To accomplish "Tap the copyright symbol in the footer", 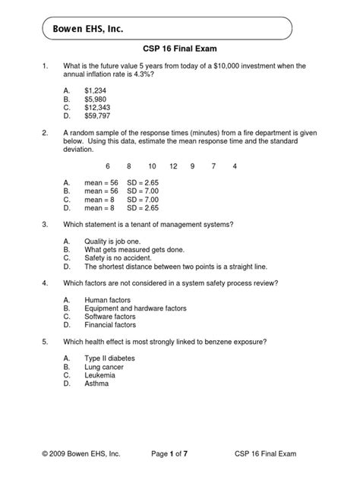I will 46,453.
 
